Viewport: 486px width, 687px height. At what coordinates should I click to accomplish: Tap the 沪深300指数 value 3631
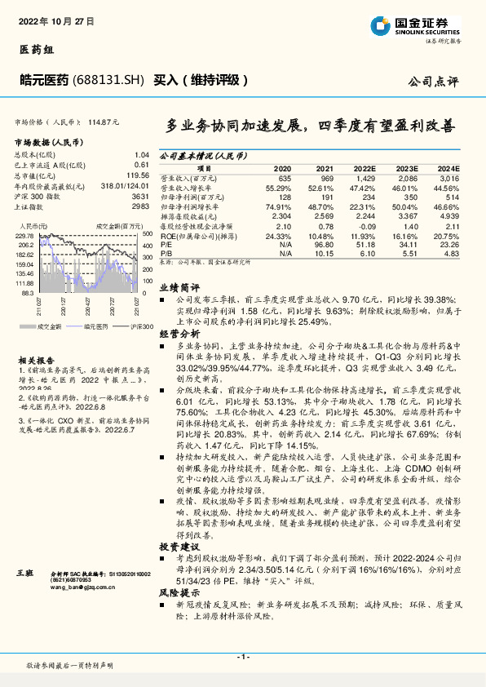click(140, 196)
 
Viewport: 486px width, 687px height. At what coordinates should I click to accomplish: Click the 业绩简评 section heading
click(179, 288)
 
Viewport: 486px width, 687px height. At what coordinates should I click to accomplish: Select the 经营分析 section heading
click(179, 335)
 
